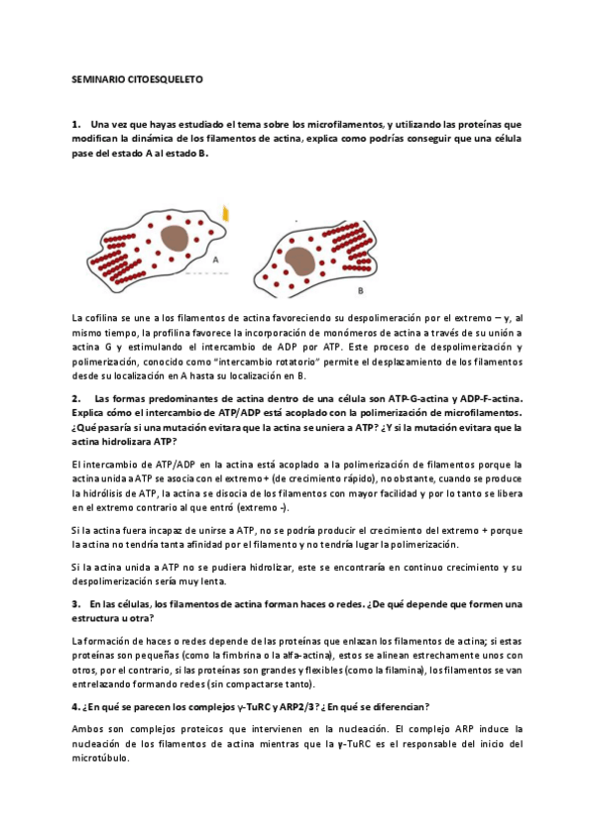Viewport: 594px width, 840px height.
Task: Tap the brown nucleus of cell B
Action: tap(300, 262)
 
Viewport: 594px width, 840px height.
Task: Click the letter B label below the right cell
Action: tap(359, 291)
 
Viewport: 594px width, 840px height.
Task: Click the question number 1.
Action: tap(75, 125)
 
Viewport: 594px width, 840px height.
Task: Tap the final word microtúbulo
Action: tap(100, 758)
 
